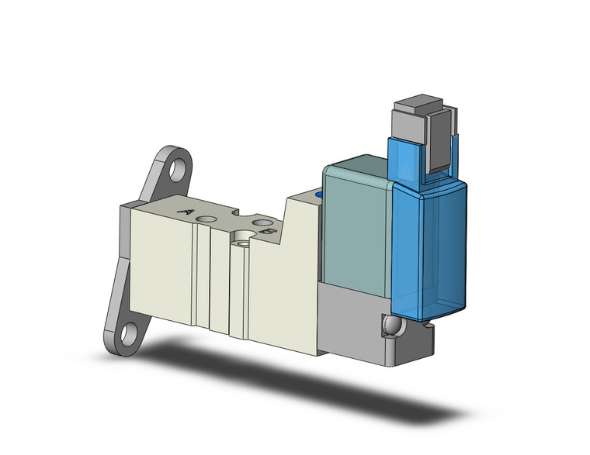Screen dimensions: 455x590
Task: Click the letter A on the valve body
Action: [x=186, y=211]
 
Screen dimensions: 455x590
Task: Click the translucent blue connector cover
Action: [x=432, y=240]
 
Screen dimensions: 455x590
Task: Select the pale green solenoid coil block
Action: [x=357, y=225]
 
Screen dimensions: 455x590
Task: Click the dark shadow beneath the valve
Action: [x=311, y=380]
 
